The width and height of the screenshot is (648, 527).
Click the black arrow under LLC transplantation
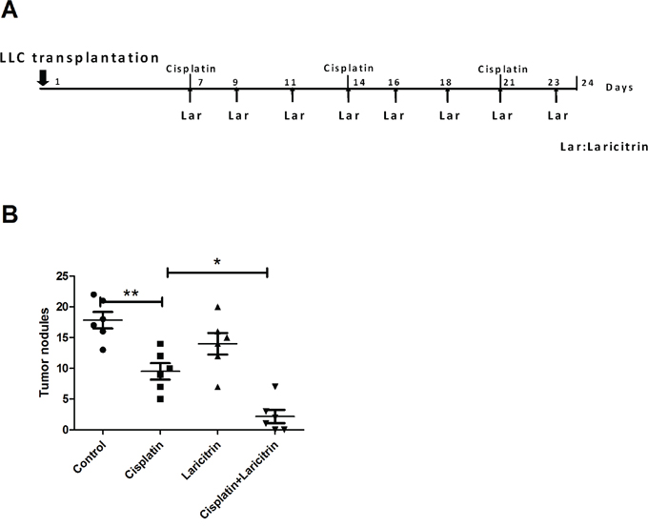click(x=42, y=78)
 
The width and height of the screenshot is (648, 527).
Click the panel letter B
click(x=12, y=215)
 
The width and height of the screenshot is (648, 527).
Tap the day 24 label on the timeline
click(x=587, y=83)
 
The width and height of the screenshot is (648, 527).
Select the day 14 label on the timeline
click(x=359, y=83)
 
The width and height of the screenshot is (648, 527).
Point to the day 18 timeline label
click(x=445, y=83)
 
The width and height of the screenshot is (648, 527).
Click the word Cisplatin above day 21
click(x=502, y=69)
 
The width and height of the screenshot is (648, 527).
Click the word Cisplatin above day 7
click(x=190, y=69)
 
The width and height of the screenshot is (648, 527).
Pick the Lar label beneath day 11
click(x=294, y=116)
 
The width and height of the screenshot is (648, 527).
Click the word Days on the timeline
click(x=620, y=86)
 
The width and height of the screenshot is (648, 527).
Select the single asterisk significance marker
click(x=216, y=261)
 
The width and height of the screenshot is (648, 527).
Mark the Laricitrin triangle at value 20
click(x=218, y=307)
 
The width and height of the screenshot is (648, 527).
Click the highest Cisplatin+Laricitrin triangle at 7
click(x=274, y=386)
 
